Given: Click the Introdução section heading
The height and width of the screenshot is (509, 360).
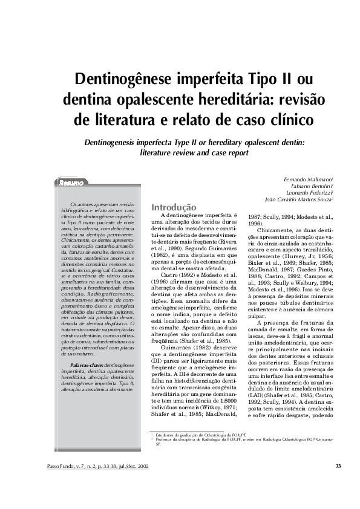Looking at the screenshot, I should click(174, 207).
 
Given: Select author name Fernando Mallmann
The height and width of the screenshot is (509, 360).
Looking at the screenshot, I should click(309, 180).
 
